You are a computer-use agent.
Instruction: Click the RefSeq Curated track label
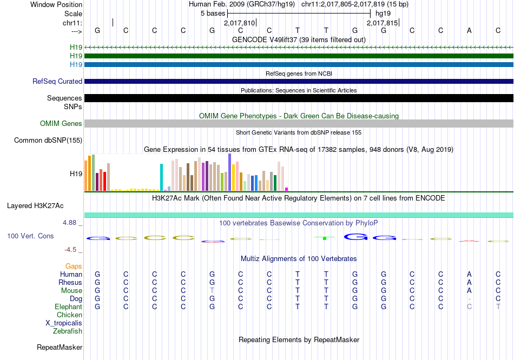click(x=57, y=82)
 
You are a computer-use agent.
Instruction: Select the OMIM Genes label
click(x=61, y=124)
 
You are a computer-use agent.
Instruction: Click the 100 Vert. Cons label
click(x=30, y=236)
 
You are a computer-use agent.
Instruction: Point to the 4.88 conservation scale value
click(x=73, y=223)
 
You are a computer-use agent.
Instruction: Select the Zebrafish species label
click(x=68, y=331)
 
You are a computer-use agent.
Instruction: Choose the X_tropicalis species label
click(x=64, y=323)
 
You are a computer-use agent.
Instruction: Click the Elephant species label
click(x=69, y=307)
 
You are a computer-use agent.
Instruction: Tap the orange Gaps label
click(x=74, y=266)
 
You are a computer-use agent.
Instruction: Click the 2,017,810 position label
click(x=239, y=23)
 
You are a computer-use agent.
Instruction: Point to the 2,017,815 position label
click(x=382, y=23)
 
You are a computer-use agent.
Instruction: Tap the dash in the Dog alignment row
click(x=469, y=299)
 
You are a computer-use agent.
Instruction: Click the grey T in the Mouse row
click(x=212, y=291)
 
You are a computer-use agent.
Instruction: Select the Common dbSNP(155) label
click(x=48, y=141)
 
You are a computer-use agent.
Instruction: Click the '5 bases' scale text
click(x=213, y=13)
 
